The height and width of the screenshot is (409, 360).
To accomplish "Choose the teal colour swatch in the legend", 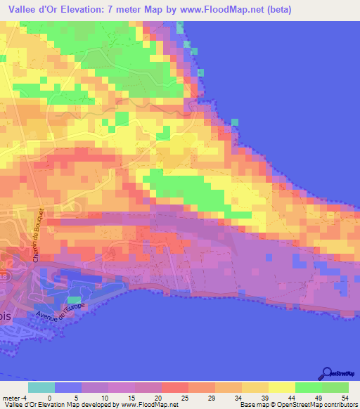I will click(41, 387).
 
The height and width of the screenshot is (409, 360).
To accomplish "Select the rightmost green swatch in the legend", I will click(335, 387).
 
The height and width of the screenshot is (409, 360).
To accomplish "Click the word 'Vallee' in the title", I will click(22, 9).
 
